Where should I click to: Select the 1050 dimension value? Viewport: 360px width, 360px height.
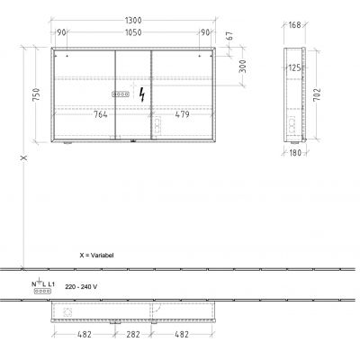(132, 33)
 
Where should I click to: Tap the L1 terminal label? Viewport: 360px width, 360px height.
(50, 283)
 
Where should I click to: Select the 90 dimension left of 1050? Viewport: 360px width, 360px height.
(62, 33)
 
